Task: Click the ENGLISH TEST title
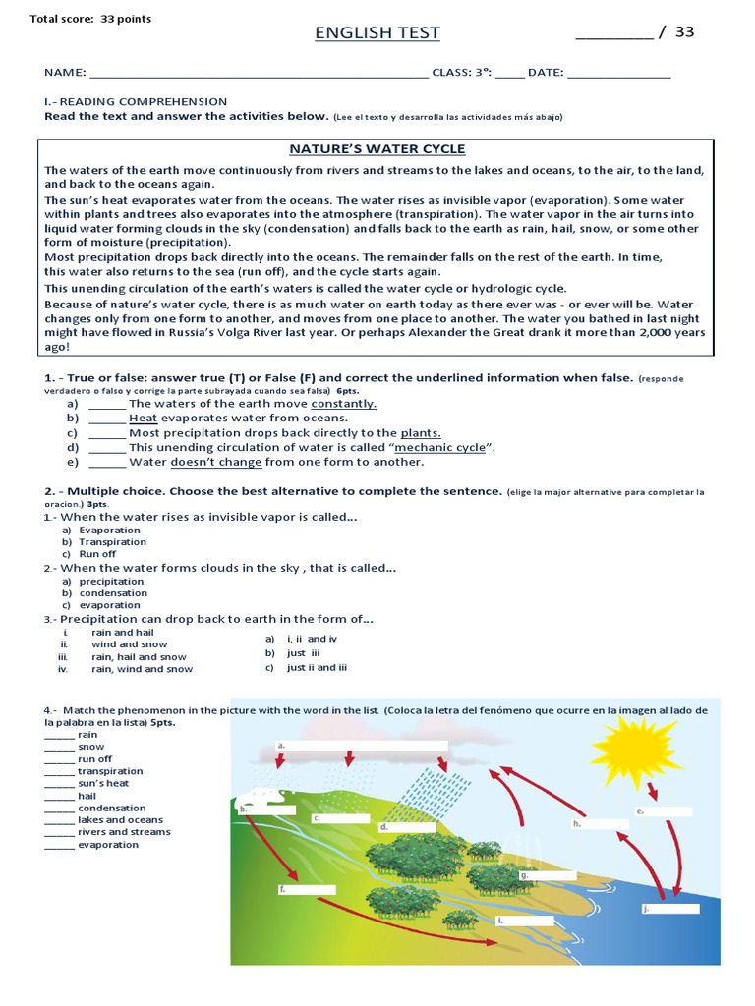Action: [x=377, y=33]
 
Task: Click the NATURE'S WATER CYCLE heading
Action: [x=377, y=149]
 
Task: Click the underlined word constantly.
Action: [x=343, y=404]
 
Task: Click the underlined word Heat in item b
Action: [x=143, y=419]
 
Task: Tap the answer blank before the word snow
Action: [x=59, y=748]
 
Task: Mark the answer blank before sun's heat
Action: [x=59, y=784]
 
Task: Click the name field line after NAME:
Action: [x=258, y=74]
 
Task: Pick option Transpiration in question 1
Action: [x=112, y=542]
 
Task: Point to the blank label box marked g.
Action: [x=551, y=874]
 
